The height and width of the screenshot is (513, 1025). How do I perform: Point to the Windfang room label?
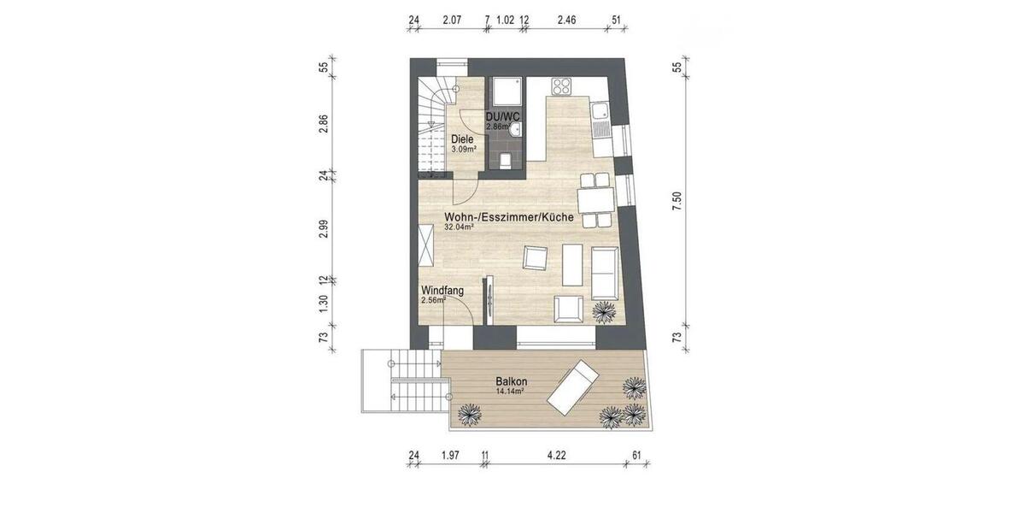[442, 291]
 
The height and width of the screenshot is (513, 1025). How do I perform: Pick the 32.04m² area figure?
[460, 228]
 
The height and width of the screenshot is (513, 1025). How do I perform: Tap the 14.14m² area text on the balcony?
[510, 392]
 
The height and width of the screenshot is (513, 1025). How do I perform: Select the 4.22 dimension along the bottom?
[556, 455]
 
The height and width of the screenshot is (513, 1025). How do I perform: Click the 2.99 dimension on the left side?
[324, 229]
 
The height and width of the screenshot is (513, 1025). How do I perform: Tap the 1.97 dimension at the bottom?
[450, 455]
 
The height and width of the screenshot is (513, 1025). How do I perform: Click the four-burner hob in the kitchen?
[561, 86]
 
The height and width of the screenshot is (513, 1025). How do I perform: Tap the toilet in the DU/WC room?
[506, 160]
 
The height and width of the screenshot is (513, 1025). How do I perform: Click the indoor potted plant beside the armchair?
[604, 312]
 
